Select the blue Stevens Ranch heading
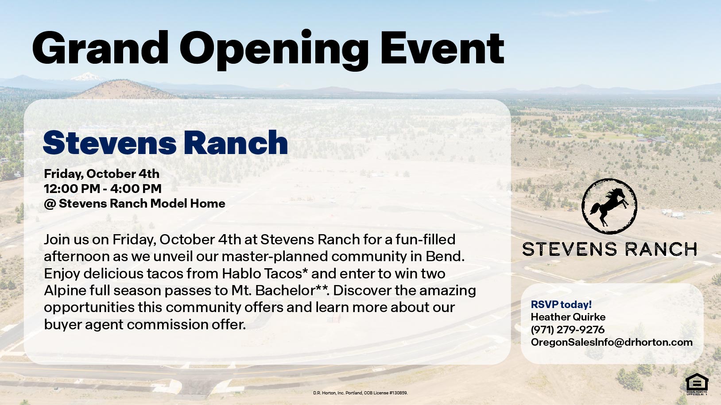coord(165,143)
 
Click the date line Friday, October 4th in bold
coord(101,174)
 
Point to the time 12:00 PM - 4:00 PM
coord(102,189)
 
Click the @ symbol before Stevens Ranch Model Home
coord(49,204)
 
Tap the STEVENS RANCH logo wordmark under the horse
coord(609,249)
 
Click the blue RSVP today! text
coord(561,305)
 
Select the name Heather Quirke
coord(568,317)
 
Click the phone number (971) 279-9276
coord(567,330)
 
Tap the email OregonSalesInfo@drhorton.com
coord(612,342)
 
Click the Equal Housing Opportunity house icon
coord(697,382)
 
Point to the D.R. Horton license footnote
coord(360,393)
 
